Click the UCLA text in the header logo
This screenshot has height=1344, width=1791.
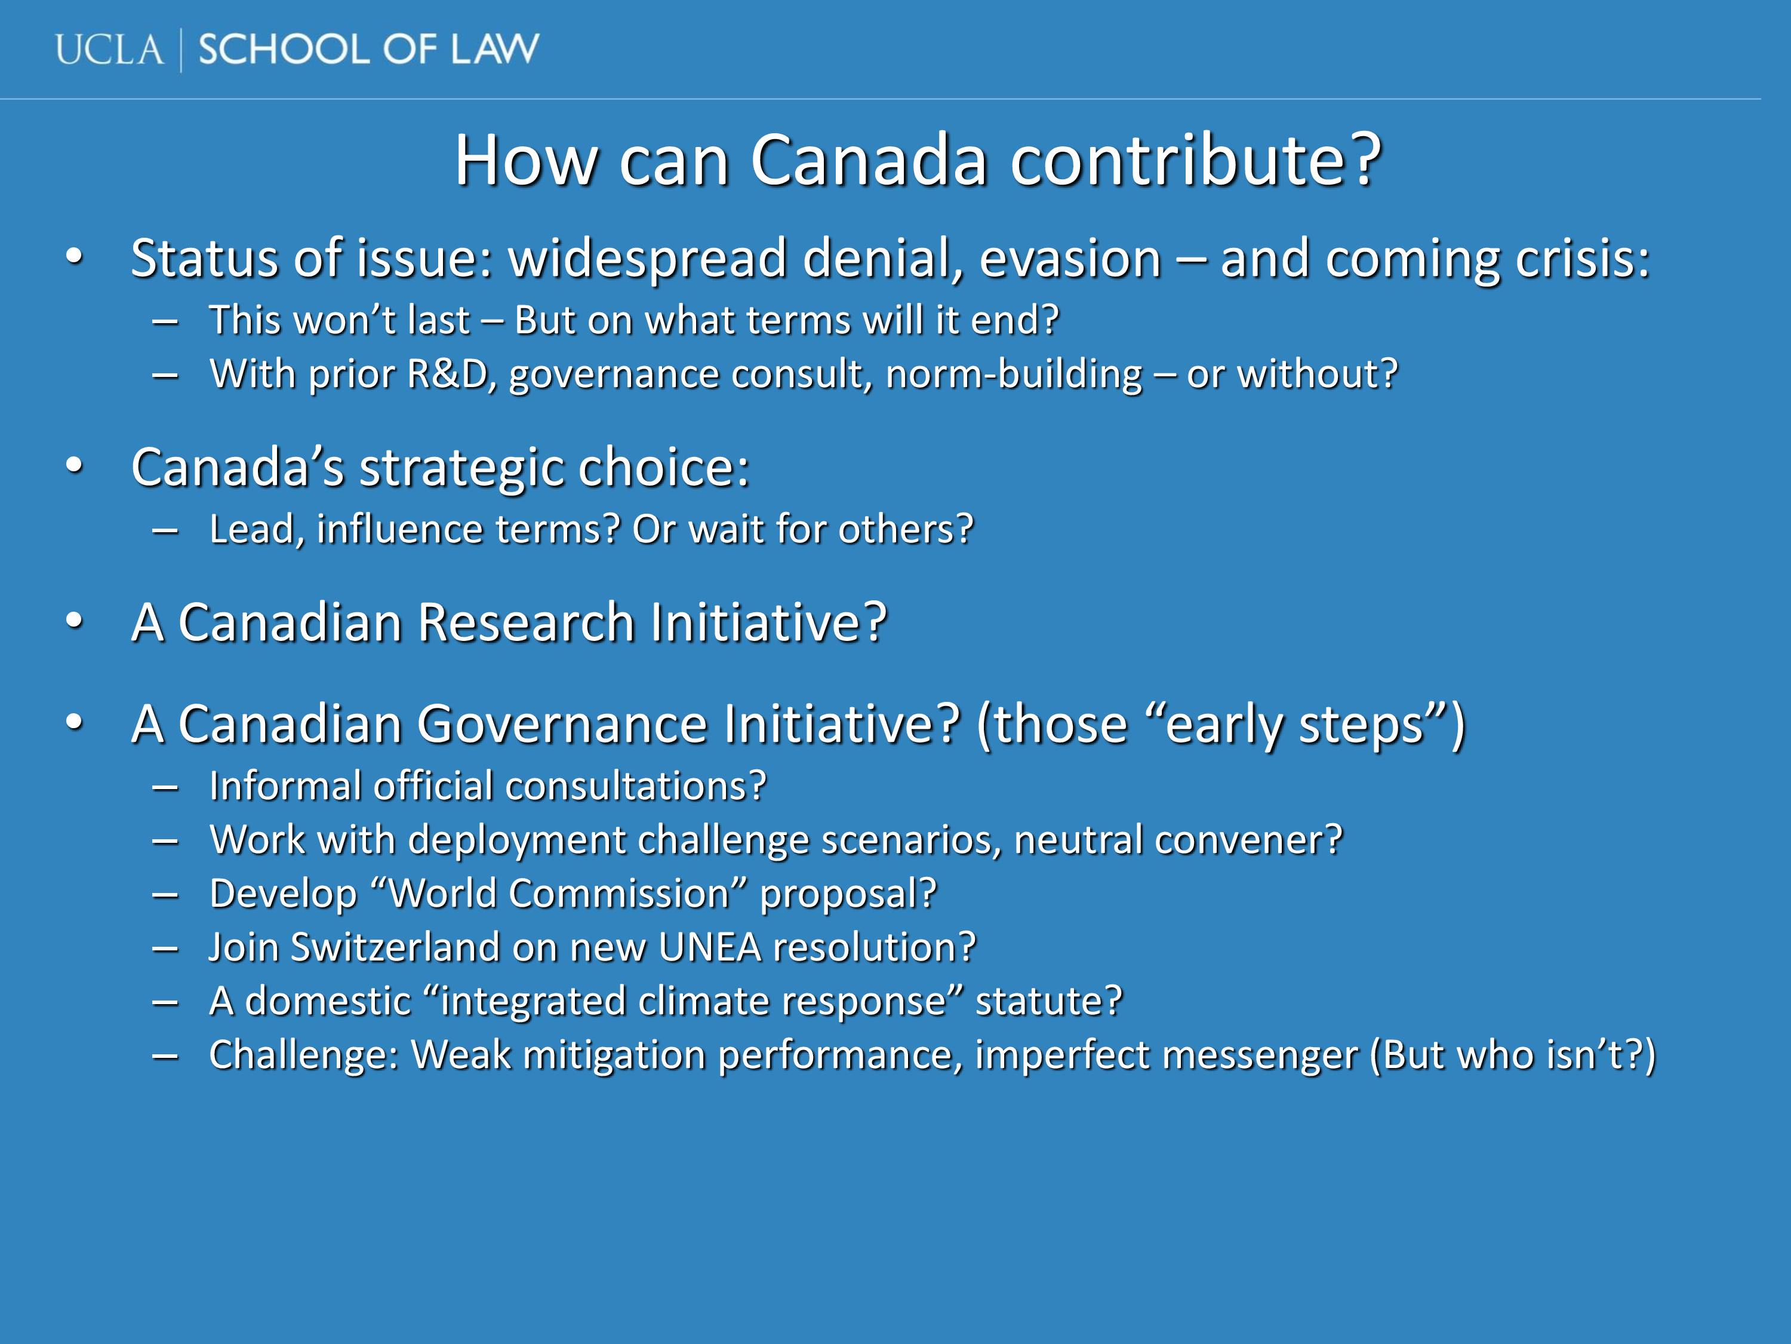tap(109, 50)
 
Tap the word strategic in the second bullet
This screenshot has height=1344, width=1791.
tap(461, 468)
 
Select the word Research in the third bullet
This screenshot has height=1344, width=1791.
tap(527, 622)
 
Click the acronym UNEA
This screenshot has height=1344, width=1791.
tap(710, 947)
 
